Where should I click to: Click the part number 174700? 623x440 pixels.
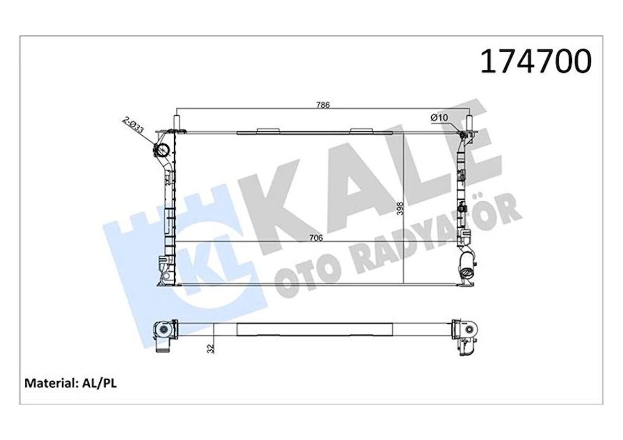(535, 62)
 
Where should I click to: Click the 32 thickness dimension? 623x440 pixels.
(211, 348)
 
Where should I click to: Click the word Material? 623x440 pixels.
(48, 383)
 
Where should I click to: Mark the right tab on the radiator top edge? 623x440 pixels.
(360, 130)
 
